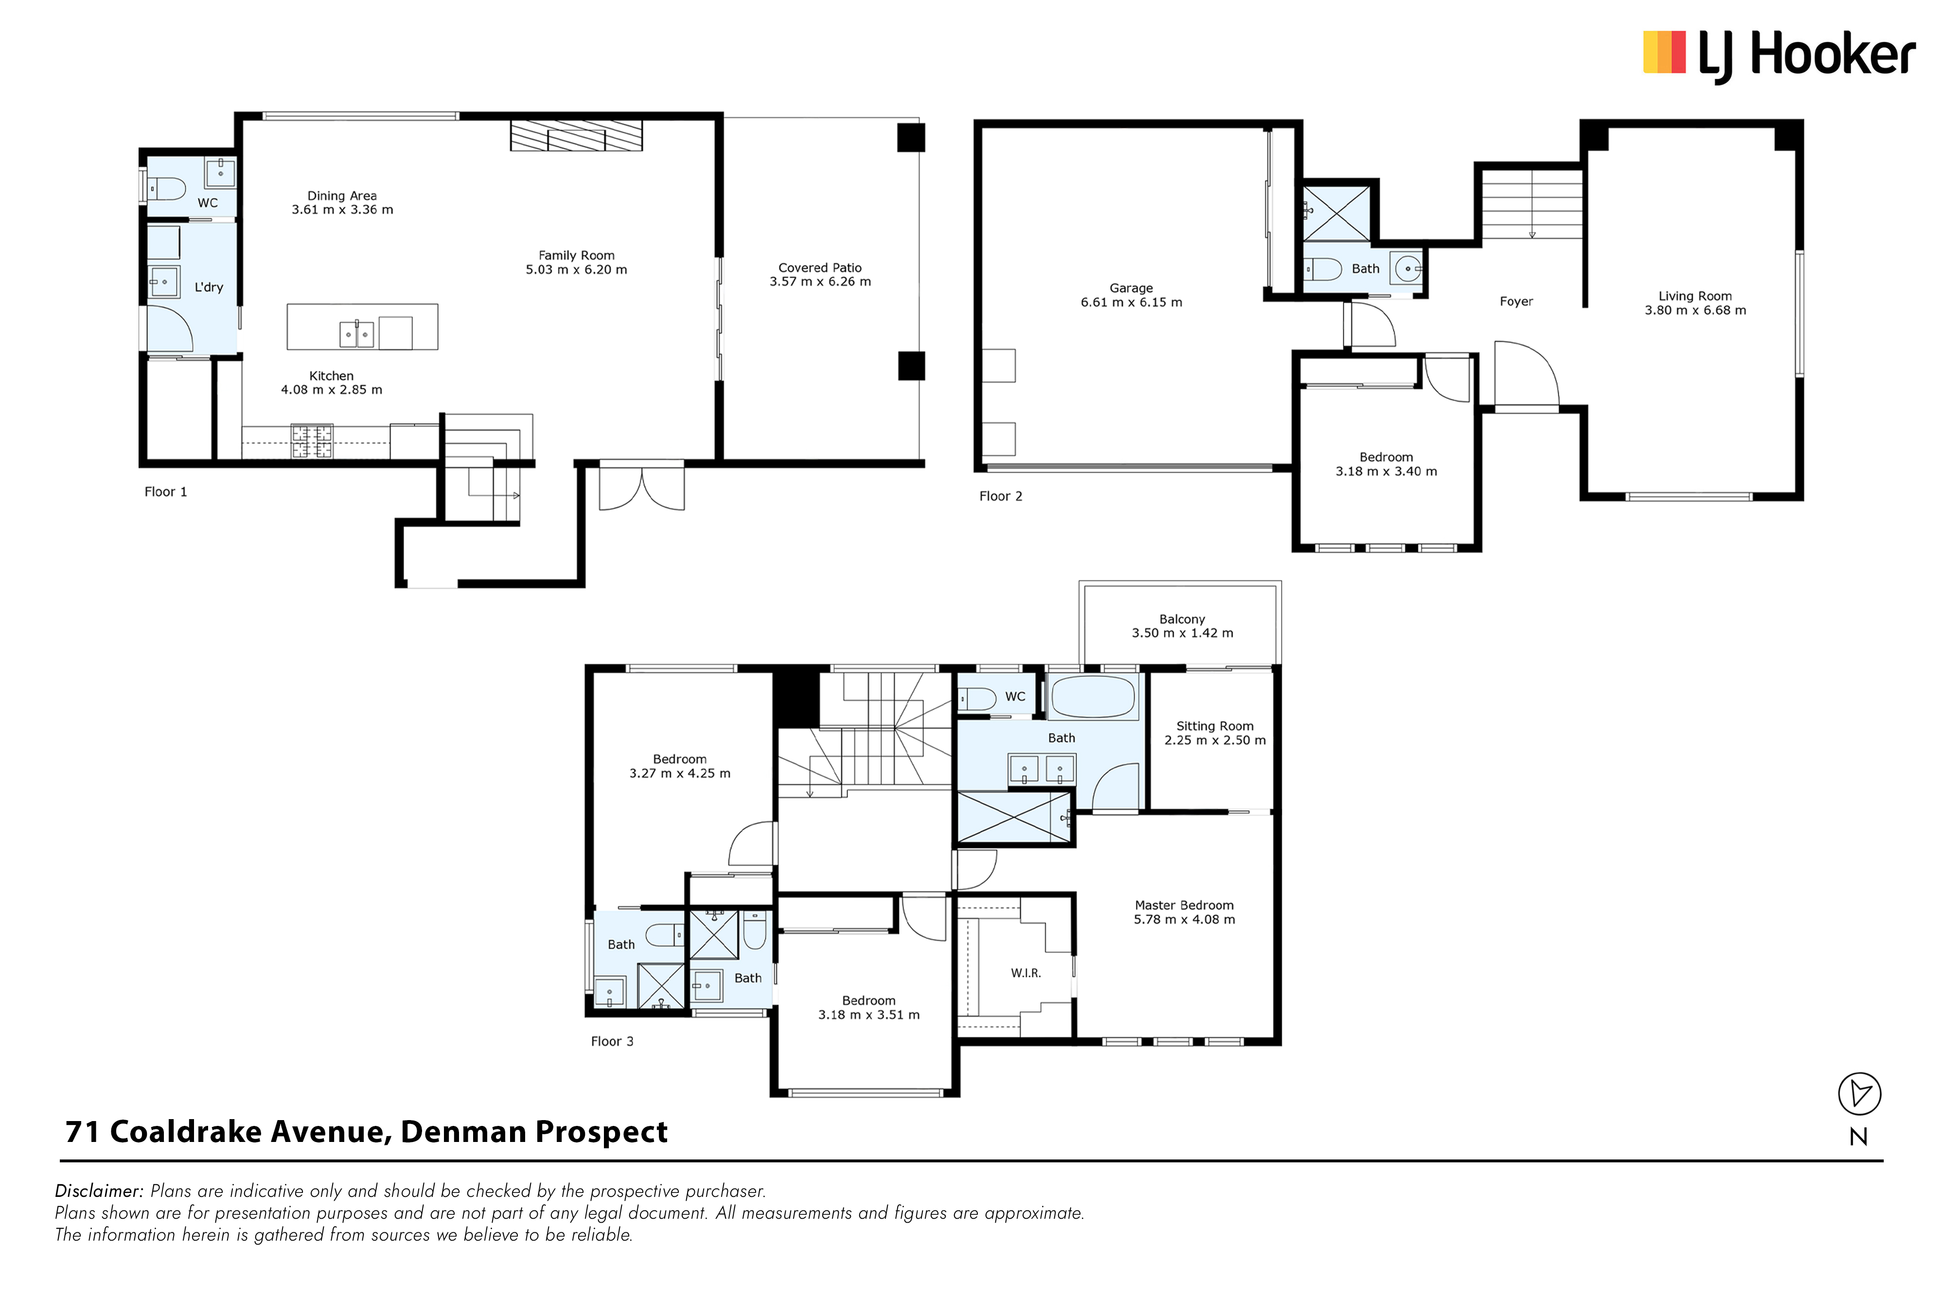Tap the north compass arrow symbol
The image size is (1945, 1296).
[x=1859, y=1093]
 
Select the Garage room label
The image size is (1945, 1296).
[x=1132, y=288]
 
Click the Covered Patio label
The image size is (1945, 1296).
[x=819, y=268]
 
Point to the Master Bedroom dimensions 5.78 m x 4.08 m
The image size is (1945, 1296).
[x=1184, y=919]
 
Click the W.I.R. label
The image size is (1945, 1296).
[x=1026, y=973]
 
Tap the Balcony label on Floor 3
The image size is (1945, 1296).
[x=1182, y=619]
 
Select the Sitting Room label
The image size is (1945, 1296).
[x=1215, y=726]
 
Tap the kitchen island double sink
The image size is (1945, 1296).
[x=356, y=334]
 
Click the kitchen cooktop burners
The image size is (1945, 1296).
[x=312, y=441]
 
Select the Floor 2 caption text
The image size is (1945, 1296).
[x=1001, y=496]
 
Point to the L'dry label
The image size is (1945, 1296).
[x=209, y=287]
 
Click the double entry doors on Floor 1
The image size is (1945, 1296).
[x=642, y=488]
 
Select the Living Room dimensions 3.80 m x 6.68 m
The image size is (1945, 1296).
[x=1695, y=310]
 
